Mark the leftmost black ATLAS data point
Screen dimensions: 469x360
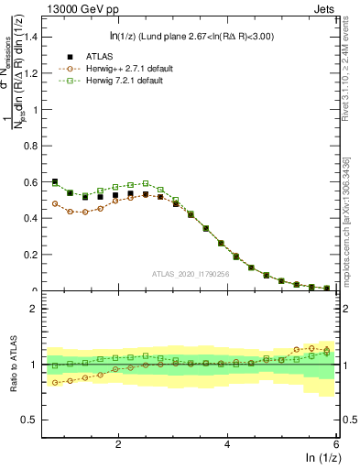pos(55,181)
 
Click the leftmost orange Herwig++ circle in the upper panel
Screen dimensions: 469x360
pos(55,203)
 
